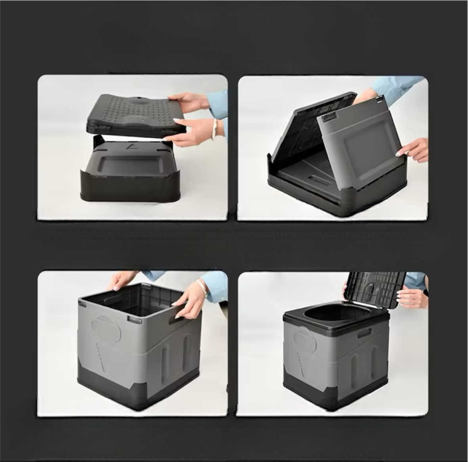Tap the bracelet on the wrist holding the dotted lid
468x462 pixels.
pos(215,129)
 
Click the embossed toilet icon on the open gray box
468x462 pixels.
pos(106,328)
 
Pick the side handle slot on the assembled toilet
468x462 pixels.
pos(364,333)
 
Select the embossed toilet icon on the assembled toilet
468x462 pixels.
pos(305,341)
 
